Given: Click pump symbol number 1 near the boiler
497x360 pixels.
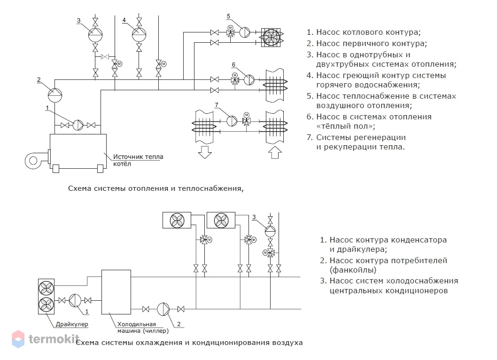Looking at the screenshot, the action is [x=78, y=125].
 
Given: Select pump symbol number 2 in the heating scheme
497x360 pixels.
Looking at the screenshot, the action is [x=55, y=95].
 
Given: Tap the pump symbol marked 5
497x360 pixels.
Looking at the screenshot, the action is [x=244, y=32].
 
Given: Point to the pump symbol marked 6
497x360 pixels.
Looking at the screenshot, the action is [x=249, y=79].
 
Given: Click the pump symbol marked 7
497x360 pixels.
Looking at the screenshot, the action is [x=232, y=121].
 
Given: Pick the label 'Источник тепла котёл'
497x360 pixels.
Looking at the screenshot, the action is [x=138, y=160].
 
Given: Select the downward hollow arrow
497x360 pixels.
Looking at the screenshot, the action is [x=205, y=152].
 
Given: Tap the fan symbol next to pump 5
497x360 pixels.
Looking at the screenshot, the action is [x=271, y=38].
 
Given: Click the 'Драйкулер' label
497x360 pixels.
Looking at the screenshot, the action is [x=72, y=324].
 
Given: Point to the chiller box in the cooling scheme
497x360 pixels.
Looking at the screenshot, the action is [x=116, y=292].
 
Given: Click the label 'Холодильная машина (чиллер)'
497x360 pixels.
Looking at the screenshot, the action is [x=143, y=328].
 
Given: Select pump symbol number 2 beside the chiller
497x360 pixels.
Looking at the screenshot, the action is [x=163, y=309].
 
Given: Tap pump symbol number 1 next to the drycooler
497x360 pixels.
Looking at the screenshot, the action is [x=75, y=300].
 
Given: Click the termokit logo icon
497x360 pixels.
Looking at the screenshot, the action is [x=18, y=339].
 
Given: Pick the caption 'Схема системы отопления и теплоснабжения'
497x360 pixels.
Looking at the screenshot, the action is [x=155, y=188].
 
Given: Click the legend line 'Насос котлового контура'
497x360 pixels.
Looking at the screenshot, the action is [x=364, y=32].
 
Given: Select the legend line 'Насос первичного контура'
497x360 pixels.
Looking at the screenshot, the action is [x=367, y=43].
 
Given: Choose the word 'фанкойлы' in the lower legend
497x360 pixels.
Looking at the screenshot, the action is [x=353, y=270].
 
